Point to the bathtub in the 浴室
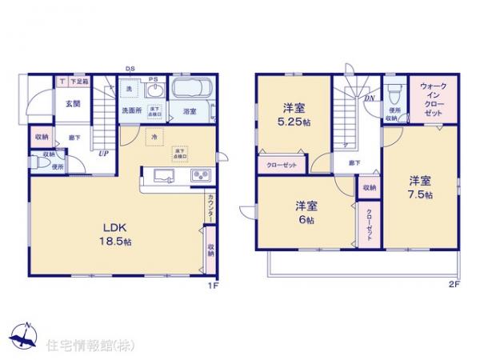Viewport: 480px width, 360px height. tap(190, 90)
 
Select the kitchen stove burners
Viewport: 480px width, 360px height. tap(198, 176)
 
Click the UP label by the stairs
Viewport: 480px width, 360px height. tap(103, 155)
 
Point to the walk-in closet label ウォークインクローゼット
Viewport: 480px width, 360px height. tap(433, 99)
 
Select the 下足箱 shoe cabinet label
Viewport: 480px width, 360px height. tap(78, 81)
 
